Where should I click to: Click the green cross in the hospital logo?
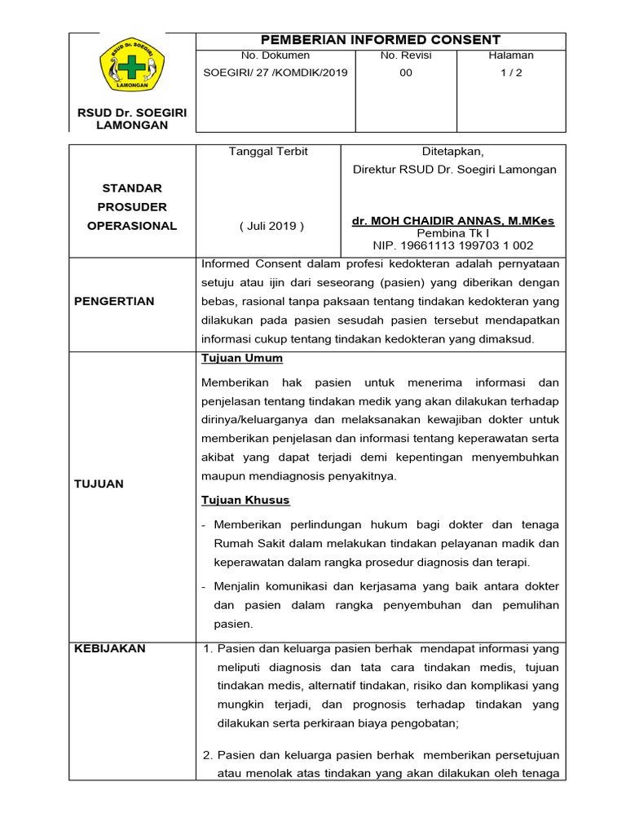[131, 68]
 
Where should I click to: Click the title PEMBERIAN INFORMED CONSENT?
[380, 40]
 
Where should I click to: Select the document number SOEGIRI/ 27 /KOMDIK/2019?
[276, 73]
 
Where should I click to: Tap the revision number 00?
[406, 73]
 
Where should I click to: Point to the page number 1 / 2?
[511, 73]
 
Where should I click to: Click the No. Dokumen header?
[276, 55]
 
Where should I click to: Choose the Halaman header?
[511, 55]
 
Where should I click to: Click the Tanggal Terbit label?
[268, 152]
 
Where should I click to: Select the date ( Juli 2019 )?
[271, 226]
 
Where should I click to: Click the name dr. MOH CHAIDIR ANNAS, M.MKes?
[454, 221]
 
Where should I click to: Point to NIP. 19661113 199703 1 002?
[453, 245]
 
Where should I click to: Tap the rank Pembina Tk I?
[453, 233]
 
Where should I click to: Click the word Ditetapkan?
[453, 152]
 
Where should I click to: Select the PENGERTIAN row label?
[114, 301]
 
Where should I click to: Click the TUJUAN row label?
[99, 484]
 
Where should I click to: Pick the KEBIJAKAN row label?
[110, 648]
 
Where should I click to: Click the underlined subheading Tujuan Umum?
[242, 358]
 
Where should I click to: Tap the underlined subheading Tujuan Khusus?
[245, 500]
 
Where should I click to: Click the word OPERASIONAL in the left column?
[132, 226]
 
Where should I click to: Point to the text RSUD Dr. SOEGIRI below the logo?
[132, 113]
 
